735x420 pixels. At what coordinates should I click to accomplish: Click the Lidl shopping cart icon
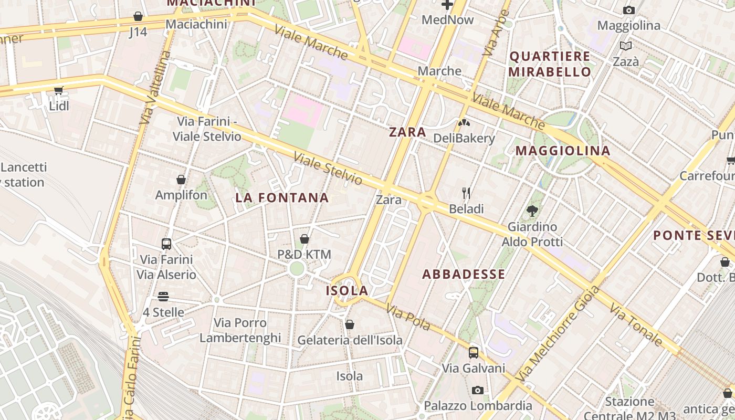point(58,90)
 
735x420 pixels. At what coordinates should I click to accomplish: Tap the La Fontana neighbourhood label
point(282,198)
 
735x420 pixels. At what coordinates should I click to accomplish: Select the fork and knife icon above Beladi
point(466,193)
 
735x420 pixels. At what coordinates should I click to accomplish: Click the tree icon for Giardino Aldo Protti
point(532,211)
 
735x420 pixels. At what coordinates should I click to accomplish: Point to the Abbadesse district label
point(464,274)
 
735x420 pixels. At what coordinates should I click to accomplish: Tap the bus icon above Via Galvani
point(474,352)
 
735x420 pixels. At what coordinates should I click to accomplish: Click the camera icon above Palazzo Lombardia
point(477,390)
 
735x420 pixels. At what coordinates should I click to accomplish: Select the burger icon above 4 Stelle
point(163,297)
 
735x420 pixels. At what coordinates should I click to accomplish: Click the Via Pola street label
point(408,318)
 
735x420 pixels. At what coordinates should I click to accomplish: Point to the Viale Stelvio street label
point(328,168)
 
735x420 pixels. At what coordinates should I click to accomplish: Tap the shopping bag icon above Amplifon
point(181,180)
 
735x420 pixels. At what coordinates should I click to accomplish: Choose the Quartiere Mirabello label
point(550,64)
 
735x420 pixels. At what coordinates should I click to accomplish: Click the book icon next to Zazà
point(625,46)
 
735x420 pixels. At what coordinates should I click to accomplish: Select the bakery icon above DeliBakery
point(464,123)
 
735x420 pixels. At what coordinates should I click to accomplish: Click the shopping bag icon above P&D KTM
point(304,239)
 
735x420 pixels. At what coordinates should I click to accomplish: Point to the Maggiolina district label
point(563,151)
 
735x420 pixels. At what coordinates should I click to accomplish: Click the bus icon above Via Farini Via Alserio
point(166,244)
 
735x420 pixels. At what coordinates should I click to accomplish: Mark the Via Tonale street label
point(636,324)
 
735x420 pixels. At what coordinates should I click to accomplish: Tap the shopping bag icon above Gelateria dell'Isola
point(350,324)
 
